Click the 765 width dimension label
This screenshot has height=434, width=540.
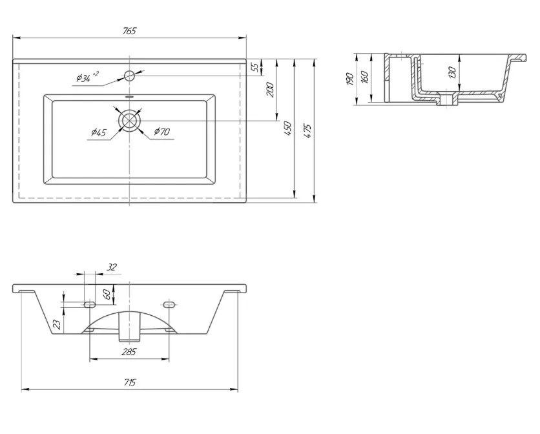(x=129, y=31)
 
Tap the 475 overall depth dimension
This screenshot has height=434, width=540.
(x=308, y=131)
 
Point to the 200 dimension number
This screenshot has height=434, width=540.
(x=271, y=90)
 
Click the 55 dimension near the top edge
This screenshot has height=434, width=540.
(x=255, y=67)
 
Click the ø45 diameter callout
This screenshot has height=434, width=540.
(x=99, y=132)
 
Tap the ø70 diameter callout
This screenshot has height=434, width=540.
(x=162, y=131)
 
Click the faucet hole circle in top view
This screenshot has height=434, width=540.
(x=129, y=75)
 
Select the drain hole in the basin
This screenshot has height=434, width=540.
(x=130, y=120)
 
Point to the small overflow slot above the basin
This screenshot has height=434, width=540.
(x=129, y=97)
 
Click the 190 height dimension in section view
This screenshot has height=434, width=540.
(x=349, y=79)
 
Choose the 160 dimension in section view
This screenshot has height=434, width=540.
(x=365, y=77)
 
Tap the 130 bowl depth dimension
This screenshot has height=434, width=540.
(x=452, y=73)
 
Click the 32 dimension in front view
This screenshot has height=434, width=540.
(x=112, y=267)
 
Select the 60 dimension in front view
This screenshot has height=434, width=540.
(x=107, y=294)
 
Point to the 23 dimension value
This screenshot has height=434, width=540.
(x=57, y=324)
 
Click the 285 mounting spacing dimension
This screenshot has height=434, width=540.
(x=129, y=352)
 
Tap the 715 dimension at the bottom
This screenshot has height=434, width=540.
(x=129, y=382)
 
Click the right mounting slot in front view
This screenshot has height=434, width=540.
(x=169, y=304)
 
